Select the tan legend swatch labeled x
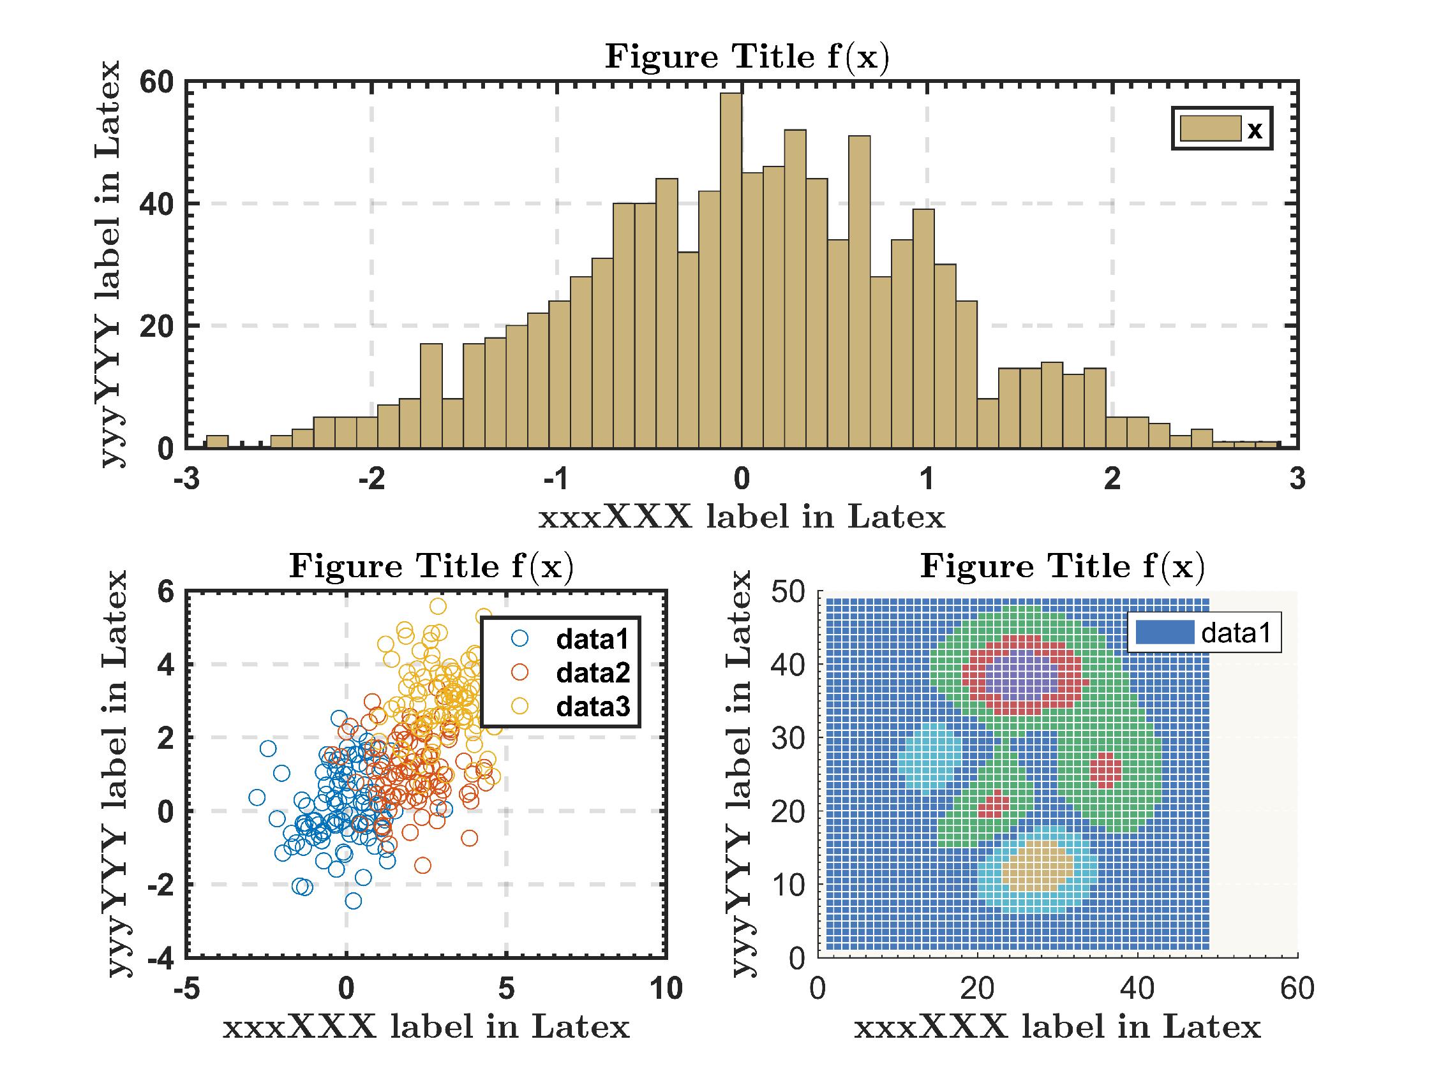[1210, 129]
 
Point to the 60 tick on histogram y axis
[158, 82]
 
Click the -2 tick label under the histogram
[371, 480]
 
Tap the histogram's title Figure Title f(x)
[747, 57]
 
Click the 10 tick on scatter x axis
[666, 989]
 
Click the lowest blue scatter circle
[354, 901]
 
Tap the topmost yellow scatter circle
[438, 606]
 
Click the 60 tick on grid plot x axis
[1297, 989]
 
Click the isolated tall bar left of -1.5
[431, 395]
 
